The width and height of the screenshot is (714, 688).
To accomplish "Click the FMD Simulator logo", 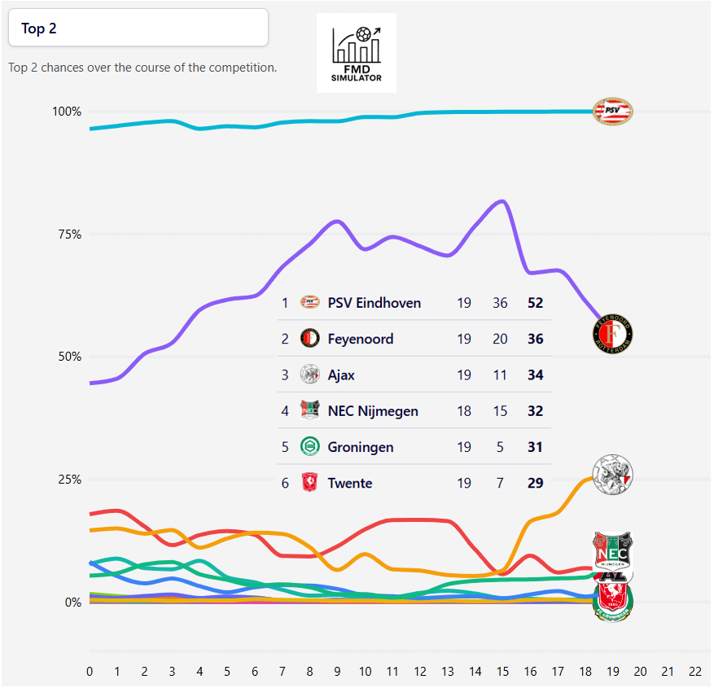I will click(357, 53).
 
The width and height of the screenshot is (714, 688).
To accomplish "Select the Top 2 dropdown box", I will click(138, 28).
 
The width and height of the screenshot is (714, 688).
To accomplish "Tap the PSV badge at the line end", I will click(611, 111).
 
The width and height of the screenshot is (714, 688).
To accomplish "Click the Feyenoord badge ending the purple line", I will click(613, 333).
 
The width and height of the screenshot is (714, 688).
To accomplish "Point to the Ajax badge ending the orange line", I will click(613, 475).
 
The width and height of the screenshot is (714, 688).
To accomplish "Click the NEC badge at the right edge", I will click(611, 551).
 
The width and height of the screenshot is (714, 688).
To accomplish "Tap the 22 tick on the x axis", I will click(694, 671).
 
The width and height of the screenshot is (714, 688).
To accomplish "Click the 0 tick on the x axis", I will click(90, 671).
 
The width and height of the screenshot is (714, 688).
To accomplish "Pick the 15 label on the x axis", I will click(502, 671).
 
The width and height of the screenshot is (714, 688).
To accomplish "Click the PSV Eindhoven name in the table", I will click(375, 303).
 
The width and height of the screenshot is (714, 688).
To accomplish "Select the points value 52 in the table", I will click(535, 303).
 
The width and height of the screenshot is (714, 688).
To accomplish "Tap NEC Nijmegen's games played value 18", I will click(464, 411).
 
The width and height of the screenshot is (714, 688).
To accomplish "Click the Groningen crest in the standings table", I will click(309, 447).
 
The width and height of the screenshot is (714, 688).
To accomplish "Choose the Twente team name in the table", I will click(350, 483).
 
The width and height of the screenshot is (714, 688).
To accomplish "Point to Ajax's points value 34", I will click(535, 375).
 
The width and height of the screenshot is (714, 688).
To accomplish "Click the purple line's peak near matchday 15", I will click(502, 201).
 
